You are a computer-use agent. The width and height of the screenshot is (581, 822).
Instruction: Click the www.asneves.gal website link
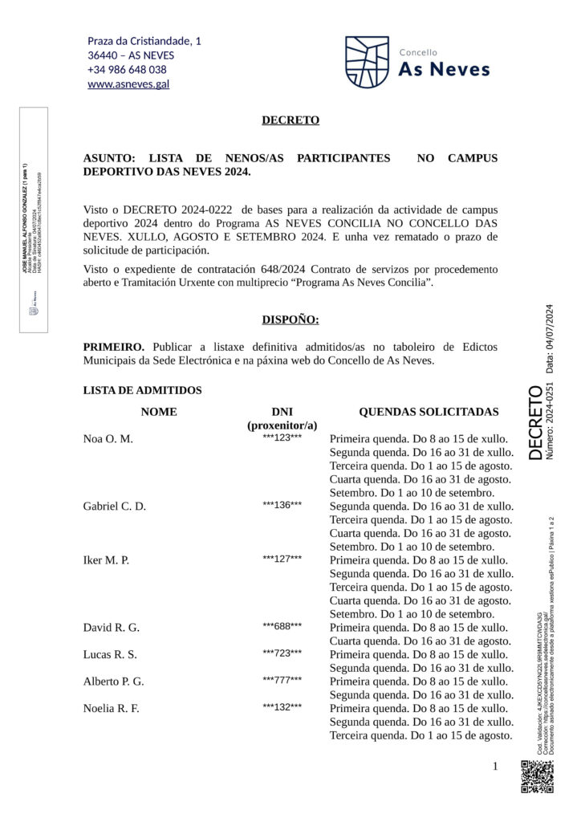(128, 84)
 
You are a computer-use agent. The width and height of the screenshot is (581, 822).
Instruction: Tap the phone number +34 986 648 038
(127, 70)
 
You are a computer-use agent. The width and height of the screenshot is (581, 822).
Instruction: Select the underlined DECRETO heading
(290, 120)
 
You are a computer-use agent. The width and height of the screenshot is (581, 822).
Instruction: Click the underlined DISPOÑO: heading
(290, 319)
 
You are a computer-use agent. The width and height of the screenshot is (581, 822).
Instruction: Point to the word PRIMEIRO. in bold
(114, 347)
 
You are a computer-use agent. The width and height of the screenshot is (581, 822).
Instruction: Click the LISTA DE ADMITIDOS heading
(142, 390)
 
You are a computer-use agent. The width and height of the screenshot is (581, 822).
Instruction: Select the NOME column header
(159, 412)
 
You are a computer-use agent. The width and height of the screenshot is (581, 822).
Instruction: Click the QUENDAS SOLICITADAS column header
(429, 412)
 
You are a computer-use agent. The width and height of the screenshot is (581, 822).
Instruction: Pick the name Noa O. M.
(108, 439)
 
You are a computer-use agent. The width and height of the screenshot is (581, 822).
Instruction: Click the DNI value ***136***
(282, 505)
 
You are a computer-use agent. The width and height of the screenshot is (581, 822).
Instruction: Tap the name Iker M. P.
(106, 560)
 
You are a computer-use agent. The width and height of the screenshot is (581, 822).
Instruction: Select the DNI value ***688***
(282, 626)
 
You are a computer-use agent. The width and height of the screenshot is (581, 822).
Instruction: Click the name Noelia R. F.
(112, 708)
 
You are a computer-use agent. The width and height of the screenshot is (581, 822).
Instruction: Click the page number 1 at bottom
(495, 767)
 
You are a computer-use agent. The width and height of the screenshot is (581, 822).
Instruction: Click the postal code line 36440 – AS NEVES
(131, 55)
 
